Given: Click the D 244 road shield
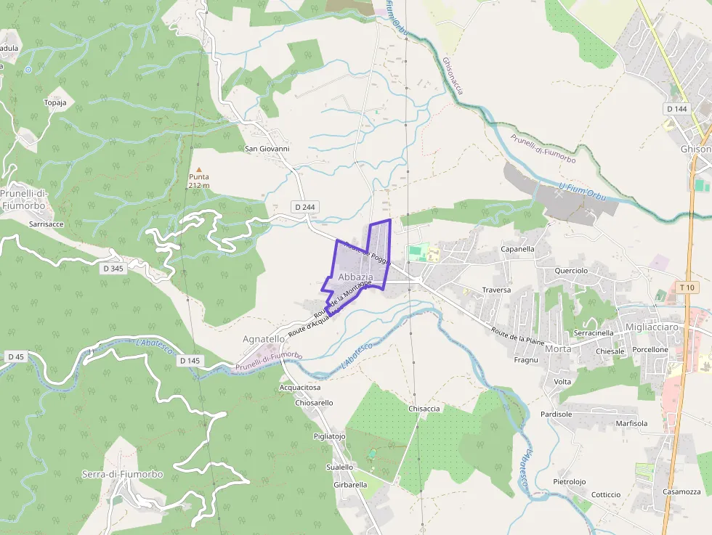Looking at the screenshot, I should [306, 207].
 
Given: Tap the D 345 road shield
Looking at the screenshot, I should [113, 269].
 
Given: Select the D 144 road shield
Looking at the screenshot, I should [676, 109].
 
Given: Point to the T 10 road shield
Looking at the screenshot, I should [687, 287].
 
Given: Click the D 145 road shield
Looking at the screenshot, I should [189, 361].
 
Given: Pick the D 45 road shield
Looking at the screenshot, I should [15, 356].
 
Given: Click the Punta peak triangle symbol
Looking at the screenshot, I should [199, 169].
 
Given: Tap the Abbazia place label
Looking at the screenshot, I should [355, 277].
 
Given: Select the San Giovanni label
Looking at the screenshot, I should [267, 149].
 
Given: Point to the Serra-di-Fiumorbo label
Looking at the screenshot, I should [122, 474].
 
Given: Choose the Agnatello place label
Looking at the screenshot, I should [264, 339].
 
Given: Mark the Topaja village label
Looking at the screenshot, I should [55, 102].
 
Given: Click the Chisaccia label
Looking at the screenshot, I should [424, 409].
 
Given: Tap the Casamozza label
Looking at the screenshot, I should [681, 491].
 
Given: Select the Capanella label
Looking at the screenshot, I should [517, 249].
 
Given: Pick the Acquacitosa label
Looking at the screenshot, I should [300, 388].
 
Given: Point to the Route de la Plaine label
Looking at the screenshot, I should [518, 334].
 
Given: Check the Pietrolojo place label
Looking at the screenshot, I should [569, 481].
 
